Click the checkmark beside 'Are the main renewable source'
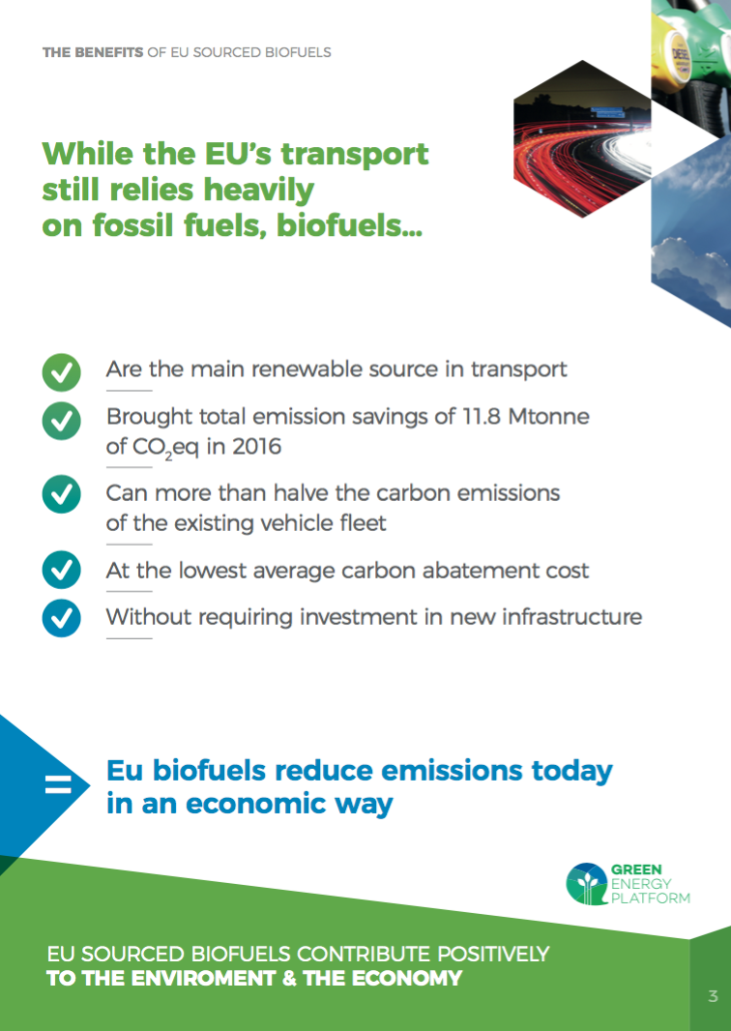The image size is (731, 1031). [61, 372]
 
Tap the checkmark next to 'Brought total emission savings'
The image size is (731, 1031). [61, 421]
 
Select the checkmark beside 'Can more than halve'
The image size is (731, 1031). [61, 494]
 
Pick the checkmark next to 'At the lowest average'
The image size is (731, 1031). [61, 570]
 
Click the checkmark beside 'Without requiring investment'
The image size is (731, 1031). [61, 618]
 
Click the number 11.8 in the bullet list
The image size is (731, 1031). [482, 416]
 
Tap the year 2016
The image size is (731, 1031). [257, 447]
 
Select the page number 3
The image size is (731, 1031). [713, 996]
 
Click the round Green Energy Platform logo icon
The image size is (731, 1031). [587, 884]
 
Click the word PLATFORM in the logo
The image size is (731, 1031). [651, 898]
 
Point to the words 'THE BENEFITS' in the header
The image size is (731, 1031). [93, 52]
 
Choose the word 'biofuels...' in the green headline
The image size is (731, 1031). [349, 225]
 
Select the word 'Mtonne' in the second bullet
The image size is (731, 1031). [549, 416]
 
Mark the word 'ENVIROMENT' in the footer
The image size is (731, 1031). [204, 978]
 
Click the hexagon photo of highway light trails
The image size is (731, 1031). [582, 138]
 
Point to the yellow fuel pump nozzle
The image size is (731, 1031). [677, 49]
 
